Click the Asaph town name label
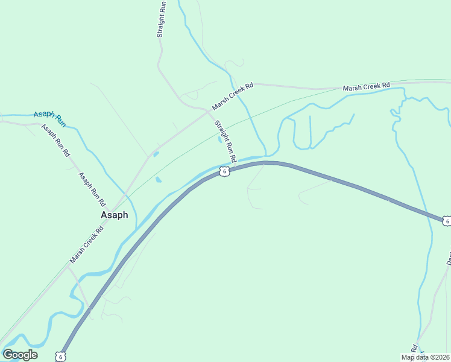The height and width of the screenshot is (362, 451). (x=114, y=215)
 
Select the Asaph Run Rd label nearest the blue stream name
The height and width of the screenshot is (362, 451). (x=55, y=141)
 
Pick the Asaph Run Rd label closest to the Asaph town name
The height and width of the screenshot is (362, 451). (x=92, y=188)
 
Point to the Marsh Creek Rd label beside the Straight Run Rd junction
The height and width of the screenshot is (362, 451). (x=233, y=97)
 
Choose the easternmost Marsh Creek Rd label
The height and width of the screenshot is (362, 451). (x=367, y=87)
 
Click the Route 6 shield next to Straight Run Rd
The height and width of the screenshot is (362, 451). (x=224, y=171)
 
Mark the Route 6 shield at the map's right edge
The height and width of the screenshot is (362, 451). (x=446, y=221)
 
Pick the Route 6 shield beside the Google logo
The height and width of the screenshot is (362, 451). (x=60, y=357)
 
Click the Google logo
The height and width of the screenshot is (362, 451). (x=20, y=355)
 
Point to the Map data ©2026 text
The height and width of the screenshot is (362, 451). (x=424, y=357)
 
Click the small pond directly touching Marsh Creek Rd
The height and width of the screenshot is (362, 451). (x=156, y=154)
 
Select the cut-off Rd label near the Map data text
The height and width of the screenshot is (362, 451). (x=414, y=349)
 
